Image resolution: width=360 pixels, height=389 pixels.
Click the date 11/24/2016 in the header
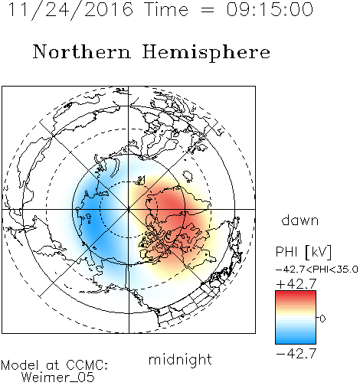coord(70,10)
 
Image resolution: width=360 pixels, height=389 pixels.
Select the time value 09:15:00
coord(270,9)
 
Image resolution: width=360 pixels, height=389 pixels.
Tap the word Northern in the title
coord(82,51)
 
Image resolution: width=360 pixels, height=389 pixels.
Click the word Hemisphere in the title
coord(206,53)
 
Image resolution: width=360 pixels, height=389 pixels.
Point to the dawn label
coord(300,220)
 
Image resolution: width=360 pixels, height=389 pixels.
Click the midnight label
coord(180,359)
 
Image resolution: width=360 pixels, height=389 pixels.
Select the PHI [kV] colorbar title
coord(303,252)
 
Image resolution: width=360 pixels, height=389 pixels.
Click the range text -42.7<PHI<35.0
coord(317,270)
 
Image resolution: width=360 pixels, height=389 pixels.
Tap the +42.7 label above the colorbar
coord(296,284)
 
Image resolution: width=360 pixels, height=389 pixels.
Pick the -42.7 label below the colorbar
coord(296,354)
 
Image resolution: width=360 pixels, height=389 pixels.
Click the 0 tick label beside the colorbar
coord(322,319)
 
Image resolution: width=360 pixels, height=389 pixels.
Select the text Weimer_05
coord(57,378)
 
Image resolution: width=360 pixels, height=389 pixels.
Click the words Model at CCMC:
coord(54,365)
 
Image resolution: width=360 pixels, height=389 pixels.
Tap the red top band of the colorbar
coord(296,294)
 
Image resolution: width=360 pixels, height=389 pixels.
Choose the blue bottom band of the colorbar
coord(296,341)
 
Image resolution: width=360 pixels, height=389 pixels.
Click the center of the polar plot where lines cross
coord(129,210)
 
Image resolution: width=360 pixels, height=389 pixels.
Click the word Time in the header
coord(166,9)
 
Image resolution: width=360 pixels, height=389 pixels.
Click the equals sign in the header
coord(208,10)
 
